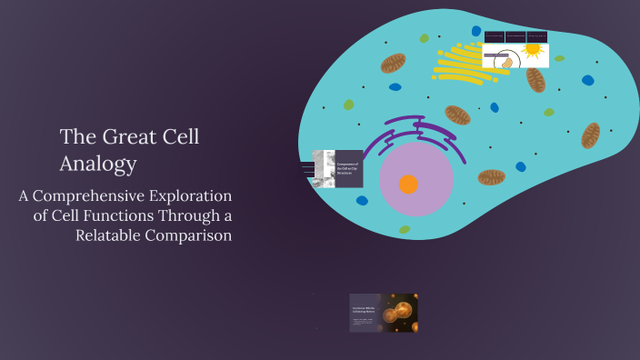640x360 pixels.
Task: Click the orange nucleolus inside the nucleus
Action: pos(408,185)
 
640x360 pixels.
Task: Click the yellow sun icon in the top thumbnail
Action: pos(533,51)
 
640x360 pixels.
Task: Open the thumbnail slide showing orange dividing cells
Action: pos(384,313)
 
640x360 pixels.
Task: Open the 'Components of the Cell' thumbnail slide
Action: pos(337,169)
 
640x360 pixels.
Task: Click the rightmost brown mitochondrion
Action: pos(591,135)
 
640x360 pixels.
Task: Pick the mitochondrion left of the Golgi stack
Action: pos(394,64)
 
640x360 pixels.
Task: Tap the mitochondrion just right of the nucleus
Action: pos(492,176)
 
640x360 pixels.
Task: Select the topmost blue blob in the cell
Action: pos(476,31)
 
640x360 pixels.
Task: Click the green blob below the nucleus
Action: pos(405,230)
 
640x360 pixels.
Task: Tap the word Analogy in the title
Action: pos(98,165)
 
